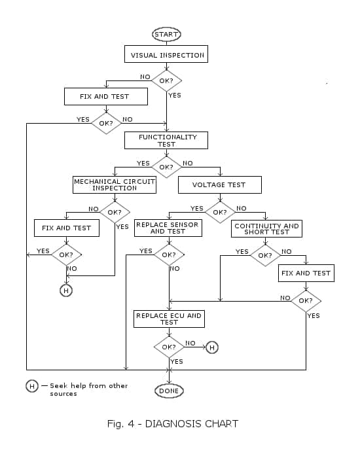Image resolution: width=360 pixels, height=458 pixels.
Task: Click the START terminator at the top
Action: point(166,34)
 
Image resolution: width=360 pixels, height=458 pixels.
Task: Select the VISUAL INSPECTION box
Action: point(166,54)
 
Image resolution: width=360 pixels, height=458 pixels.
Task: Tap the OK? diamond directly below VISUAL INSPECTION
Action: point(166,80)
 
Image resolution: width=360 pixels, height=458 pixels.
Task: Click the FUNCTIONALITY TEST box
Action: point(166,140)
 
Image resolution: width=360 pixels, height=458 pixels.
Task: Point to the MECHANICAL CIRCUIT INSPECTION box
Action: point(115,185)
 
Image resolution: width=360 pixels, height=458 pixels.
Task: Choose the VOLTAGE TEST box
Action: point(219,185)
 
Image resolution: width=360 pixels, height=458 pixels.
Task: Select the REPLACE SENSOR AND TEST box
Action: point(168,228)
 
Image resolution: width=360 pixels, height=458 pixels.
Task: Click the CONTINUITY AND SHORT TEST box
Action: point(266,228)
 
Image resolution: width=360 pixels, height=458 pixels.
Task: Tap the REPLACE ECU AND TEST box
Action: point(169,319)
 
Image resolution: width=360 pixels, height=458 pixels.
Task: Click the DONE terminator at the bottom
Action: point(168,391)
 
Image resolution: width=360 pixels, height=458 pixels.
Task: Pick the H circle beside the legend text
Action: point(32,386)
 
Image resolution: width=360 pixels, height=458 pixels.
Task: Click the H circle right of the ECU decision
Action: point(211,347)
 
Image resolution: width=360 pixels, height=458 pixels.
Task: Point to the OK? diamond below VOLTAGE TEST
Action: point(220,212)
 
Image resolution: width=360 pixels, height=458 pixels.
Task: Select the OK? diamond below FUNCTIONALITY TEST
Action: point(166,166)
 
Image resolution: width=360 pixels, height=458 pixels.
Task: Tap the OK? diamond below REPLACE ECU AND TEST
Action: point(169,347)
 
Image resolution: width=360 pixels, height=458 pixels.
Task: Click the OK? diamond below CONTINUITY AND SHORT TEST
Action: point(265,255)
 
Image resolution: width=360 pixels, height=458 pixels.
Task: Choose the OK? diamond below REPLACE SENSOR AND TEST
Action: point(169,255)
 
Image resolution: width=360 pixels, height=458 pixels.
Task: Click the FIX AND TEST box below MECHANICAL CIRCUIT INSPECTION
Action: point(66,228)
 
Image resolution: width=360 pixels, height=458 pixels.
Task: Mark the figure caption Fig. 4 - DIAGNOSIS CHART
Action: point(173,424)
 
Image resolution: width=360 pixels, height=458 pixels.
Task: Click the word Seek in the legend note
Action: point(59,386)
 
